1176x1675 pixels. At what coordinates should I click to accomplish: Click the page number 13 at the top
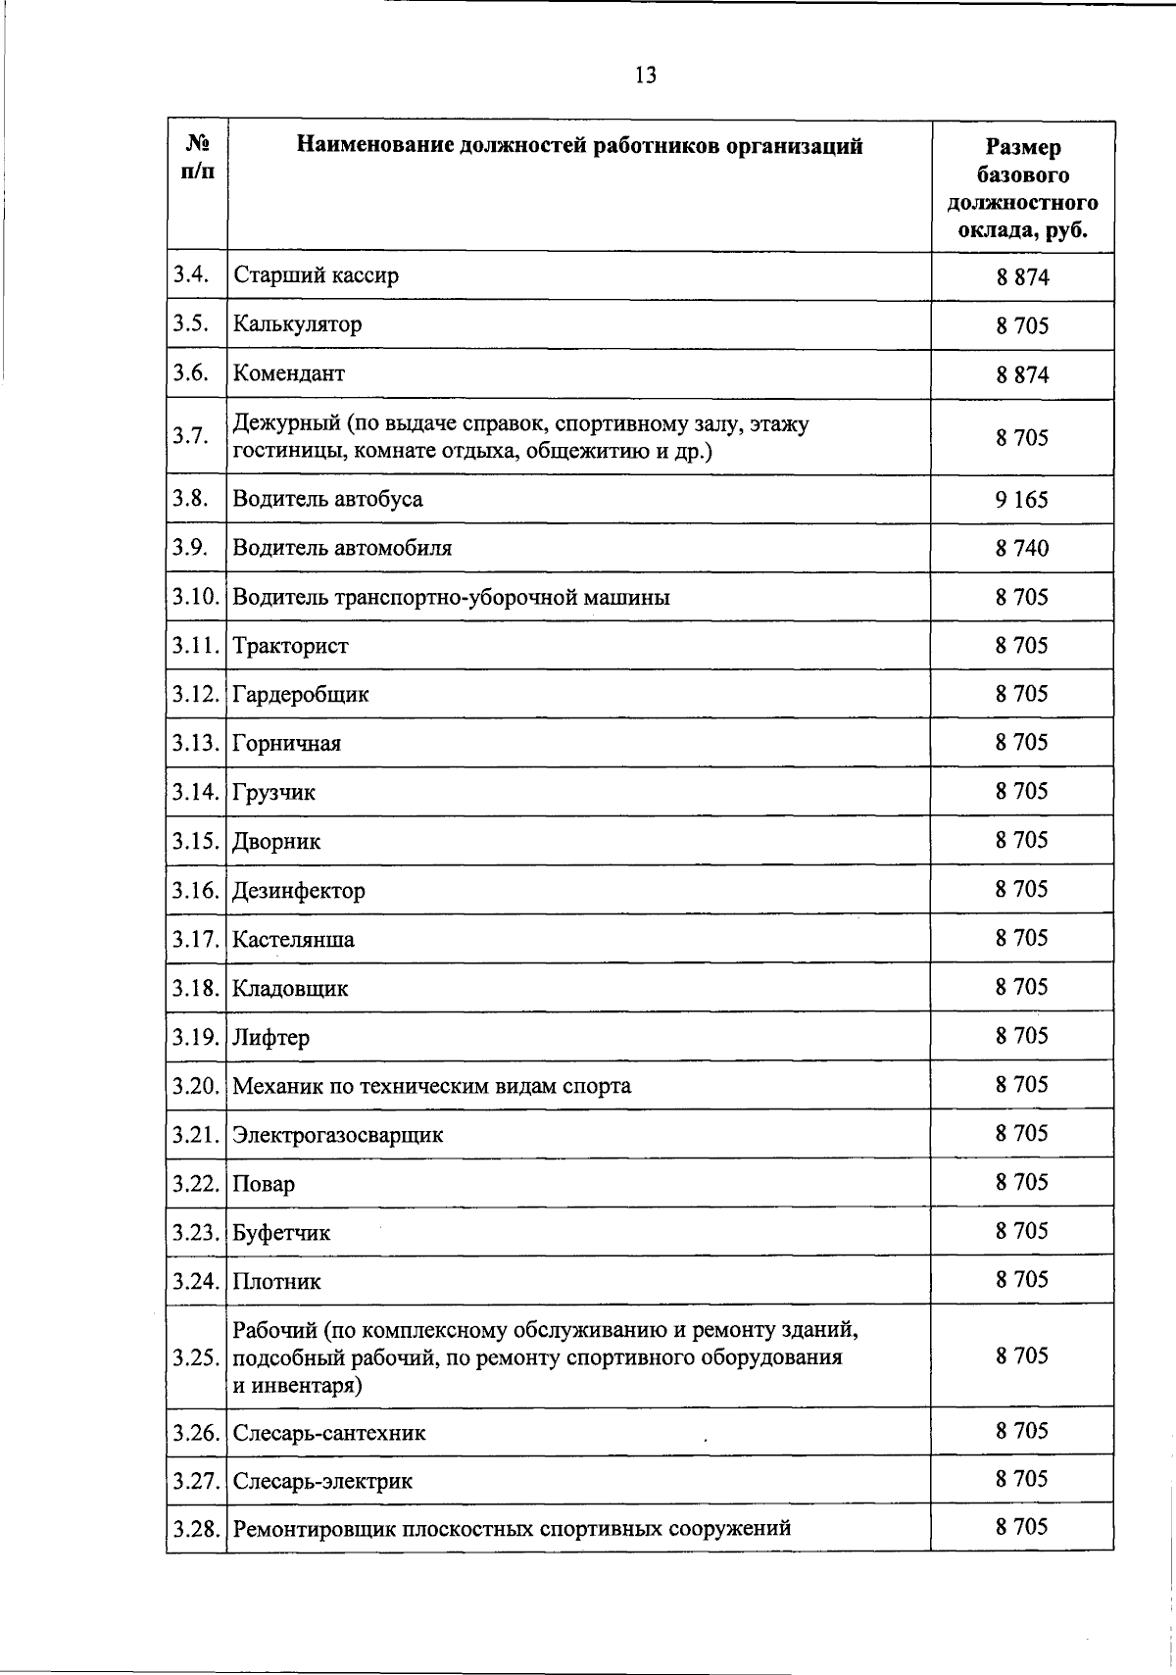pos(645,75)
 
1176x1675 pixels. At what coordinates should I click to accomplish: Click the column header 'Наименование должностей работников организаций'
pos(580,147)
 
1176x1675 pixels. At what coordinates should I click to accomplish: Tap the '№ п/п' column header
pos(197,157)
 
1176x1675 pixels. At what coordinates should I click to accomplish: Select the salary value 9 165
pos(1022,500)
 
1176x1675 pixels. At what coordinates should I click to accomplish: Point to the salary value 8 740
pos(1022,548)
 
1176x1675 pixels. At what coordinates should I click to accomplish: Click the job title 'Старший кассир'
pos(316,275)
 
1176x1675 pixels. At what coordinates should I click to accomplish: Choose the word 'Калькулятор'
pos(297,324)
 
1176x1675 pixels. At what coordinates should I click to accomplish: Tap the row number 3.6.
pos(191,372)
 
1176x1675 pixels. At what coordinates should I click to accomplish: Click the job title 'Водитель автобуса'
pos(327,499)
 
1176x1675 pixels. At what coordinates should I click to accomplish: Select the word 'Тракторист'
pos(290,646)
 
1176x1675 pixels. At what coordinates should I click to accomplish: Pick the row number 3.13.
pos(195,743)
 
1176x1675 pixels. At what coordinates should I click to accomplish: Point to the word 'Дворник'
pos(276,841)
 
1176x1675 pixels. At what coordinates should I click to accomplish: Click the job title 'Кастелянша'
pos(293,939)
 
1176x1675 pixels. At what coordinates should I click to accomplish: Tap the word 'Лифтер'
pos(270,1037)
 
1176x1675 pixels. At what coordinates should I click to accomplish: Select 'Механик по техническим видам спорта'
pos(431,1086)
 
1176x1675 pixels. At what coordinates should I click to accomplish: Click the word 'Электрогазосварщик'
pos(337,1135)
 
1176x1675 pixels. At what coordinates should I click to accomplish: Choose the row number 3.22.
pos(195,1183)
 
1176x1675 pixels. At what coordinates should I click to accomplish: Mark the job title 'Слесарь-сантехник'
pos(329,1433)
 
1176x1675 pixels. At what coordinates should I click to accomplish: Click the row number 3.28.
pos(195,1528)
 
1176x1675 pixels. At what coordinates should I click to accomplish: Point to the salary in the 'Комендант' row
pos(1022,374)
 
